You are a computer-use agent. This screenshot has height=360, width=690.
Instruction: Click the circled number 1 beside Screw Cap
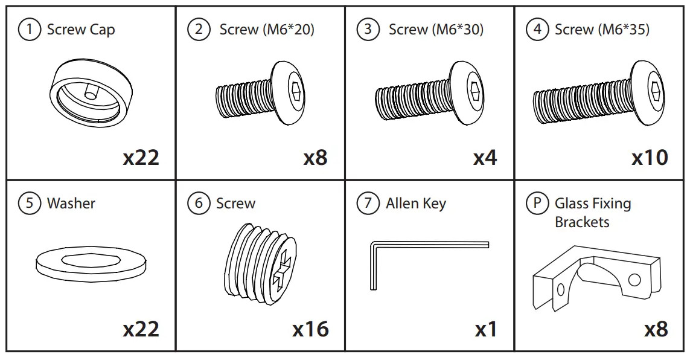tap(29, 30)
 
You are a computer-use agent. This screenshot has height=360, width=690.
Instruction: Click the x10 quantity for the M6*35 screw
tap(650, 158)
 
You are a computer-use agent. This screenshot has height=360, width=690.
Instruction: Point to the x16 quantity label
tap(310, 329)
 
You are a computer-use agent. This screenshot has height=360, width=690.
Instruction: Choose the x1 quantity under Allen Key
tap(486, 329)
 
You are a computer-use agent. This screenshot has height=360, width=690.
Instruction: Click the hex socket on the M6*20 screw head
tap(296, 91)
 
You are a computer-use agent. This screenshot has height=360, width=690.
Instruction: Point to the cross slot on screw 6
tap(283, 275)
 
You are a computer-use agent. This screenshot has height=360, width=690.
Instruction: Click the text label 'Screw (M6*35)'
tap(602, 30)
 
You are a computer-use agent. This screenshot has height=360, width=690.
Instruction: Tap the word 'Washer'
tap(71, 204)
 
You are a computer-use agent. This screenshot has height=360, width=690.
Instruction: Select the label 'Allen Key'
tap(416, 204)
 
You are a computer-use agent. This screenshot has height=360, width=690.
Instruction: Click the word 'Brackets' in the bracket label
tap(582, 222)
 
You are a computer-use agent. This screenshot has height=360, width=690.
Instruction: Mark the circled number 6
tap(199, 204)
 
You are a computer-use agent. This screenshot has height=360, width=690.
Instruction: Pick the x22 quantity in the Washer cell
tap(141, 329)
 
